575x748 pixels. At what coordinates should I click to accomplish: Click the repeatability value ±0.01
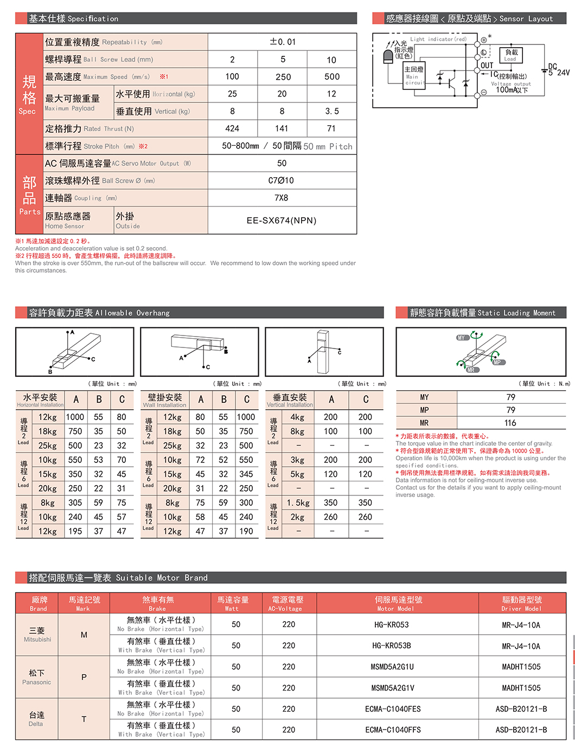283,42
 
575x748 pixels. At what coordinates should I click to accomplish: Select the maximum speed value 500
332,77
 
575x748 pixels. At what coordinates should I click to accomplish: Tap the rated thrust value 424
232,128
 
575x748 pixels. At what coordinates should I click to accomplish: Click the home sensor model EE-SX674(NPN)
282,221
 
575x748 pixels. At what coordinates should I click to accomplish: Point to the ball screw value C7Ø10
282,180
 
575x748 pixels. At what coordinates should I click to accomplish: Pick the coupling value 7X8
282,198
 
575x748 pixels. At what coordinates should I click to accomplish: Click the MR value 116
510,423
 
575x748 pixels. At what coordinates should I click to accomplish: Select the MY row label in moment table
425,397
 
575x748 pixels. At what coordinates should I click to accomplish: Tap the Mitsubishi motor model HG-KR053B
392,646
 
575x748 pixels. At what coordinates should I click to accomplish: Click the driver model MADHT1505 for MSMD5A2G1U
521,667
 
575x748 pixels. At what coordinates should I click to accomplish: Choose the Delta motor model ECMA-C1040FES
393,709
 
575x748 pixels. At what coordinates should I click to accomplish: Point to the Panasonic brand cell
37,677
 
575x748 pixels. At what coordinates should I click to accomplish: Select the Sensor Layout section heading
469,18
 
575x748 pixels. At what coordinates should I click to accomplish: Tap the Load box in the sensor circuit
511,55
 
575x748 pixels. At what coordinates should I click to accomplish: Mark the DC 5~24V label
558,70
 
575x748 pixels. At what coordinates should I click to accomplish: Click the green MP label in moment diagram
497,362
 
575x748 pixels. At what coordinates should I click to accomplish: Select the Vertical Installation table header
290,400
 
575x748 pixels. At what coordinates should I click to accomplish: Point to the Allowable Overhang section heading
99,313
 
